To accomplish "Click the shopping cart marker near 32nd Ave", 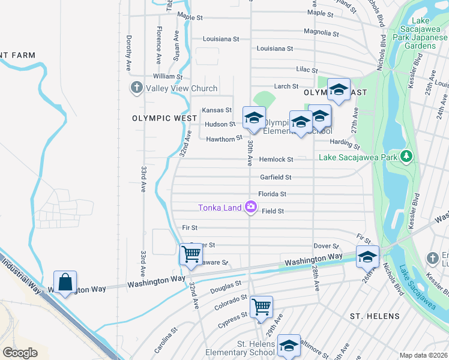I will pyautogui.click(x=191, y=254).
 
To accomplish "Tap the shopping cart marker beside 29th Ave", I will pyautogui.click(x=261, y=307).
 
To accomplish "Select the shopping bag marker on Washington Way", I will pyautogui.click(x=65, y=281).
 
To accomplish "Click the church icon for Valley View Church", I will pyautogui.click(x=136, y=88).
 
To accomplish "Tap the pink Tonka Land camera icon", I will pyautogui.click(x=250, y=208).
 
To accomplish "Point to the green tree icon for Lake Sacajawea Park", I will pyautogui.click(x=407, y=157).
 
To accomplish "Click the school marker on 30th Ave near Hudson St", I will pyautogui.click(x=254, y=117).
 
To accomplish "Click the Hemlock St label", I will pyautogui.click(x=276, y=160).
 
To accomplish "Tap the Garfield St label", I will pyautogui.click(x=276, y=178).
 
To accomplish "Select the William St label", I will pyautogui.click(x=167, y=76).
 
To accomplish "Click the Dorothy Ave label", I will pyautogui.click(x=128, y=53).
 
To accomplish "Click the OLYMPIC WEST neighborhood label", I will pyautogui.click(x=156, y=119).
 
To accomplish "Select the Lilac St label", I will pyautogui.click(x=306, y=70).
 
